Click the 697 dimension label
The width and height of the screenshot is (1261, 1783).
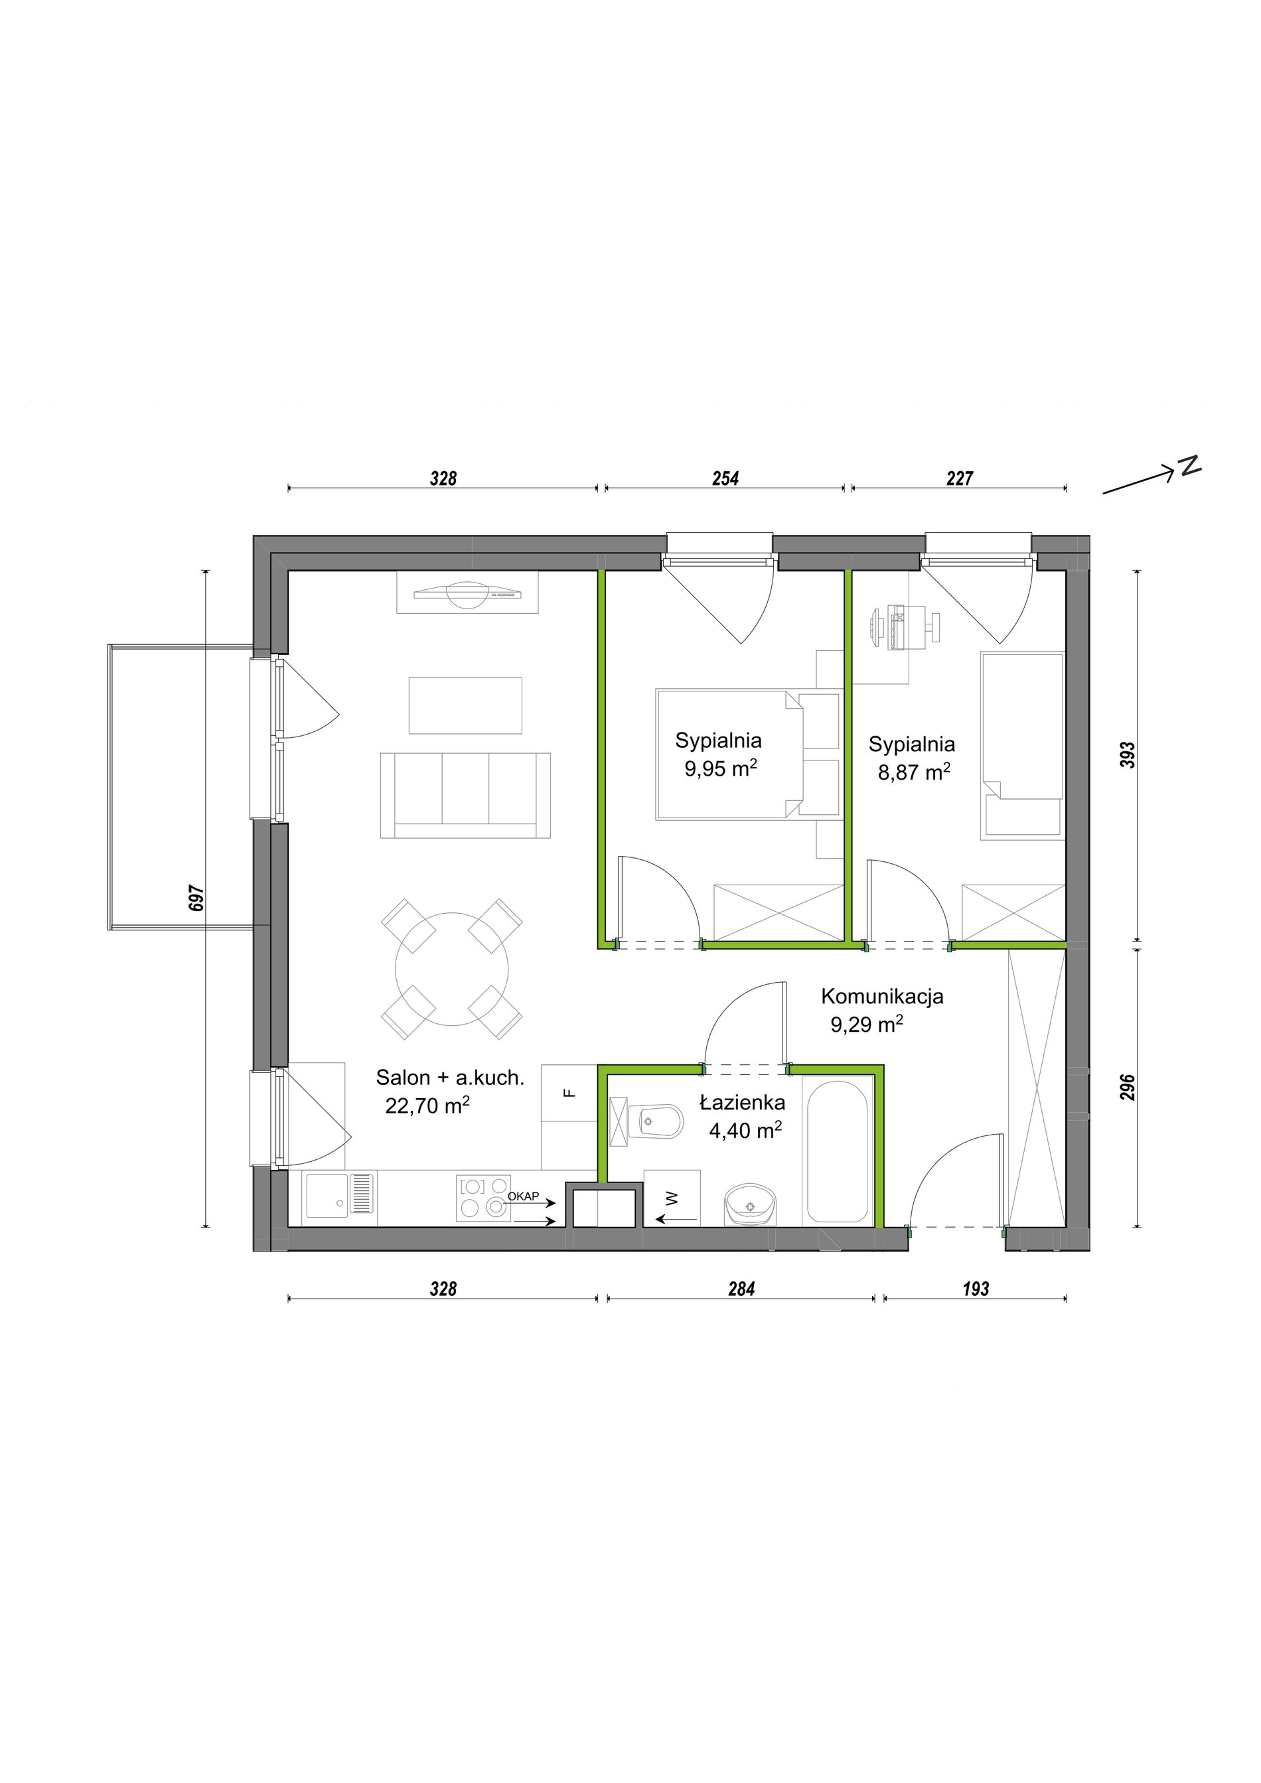[196, 898]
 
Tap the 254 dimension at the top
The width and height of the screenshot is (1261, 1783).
[725, 478]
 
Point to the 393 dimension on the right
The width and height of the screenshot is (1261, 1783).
[1128, 755]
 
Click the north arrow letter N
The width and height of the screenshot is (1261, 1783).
[1189, 465]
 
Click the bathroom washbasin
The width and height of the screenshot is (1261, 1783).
[750, 1205]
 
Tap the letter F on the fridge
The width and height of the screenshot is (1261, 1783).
[569, 1094]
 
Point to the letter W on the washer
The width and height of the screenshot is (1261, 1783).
[672, 1198]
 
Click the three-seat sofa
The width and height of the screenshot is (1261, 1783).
[465, 795]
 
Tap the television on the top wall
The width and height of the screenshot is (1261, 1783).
[467, 593]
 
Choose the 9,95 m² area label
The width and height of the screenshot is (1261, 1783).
[721, 769]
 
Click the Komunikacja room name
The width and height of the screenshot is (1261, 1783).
[882, 996]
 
